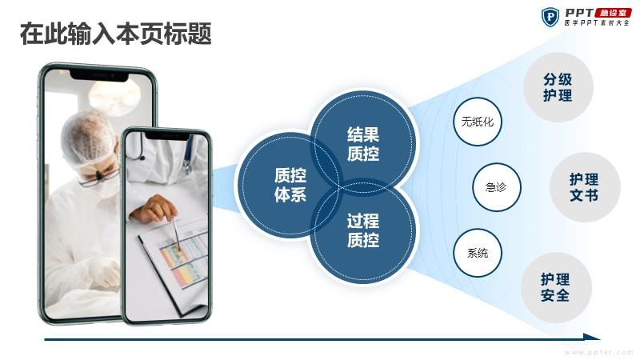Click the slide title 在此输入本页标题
pyautogui.click(x=116, y=34)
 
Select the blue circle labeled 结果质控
pyautogui.click(x=363, y=142)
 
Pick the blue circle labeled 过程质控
pyautogui.click(x=363, y=230)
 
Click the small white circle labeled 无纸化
pyautogui.click(x=477, y=122)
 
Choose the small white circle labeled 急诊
pyautogui.click(x=496, y=187)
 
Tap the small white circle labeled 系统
pyautogui.click(x=477, y=253)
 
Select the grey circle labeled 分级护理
pyautogui.click(x=558, y=87)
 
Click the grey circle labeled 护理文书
pyautogui.click(x=585, y=187)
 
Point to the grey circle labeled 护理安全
pyautogui.click(x=556, y=287)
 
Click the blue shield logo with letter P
pyautogui.click(x=550, y=17)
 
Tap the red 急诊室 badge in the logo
pyautogui.click(x=613, y=12)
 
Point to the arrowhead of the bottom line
pyautogui.click(x=592, y=337)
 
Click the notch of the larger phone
pyautogui.click(x=99, y=76)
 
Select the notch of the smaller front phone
pyautogui.click(x=167, y=136)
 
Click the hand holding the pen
pyautogui.click(x=154, y=209)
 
